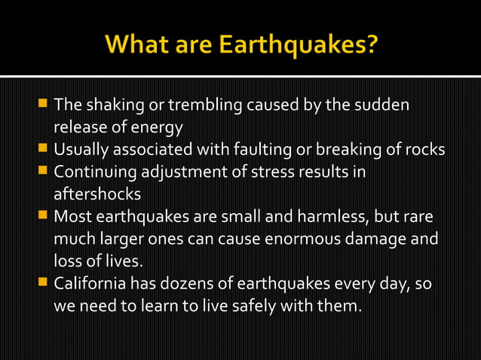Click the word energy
[161, 126]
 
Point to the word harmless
[335, 217]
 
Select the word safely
[222, 307]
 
